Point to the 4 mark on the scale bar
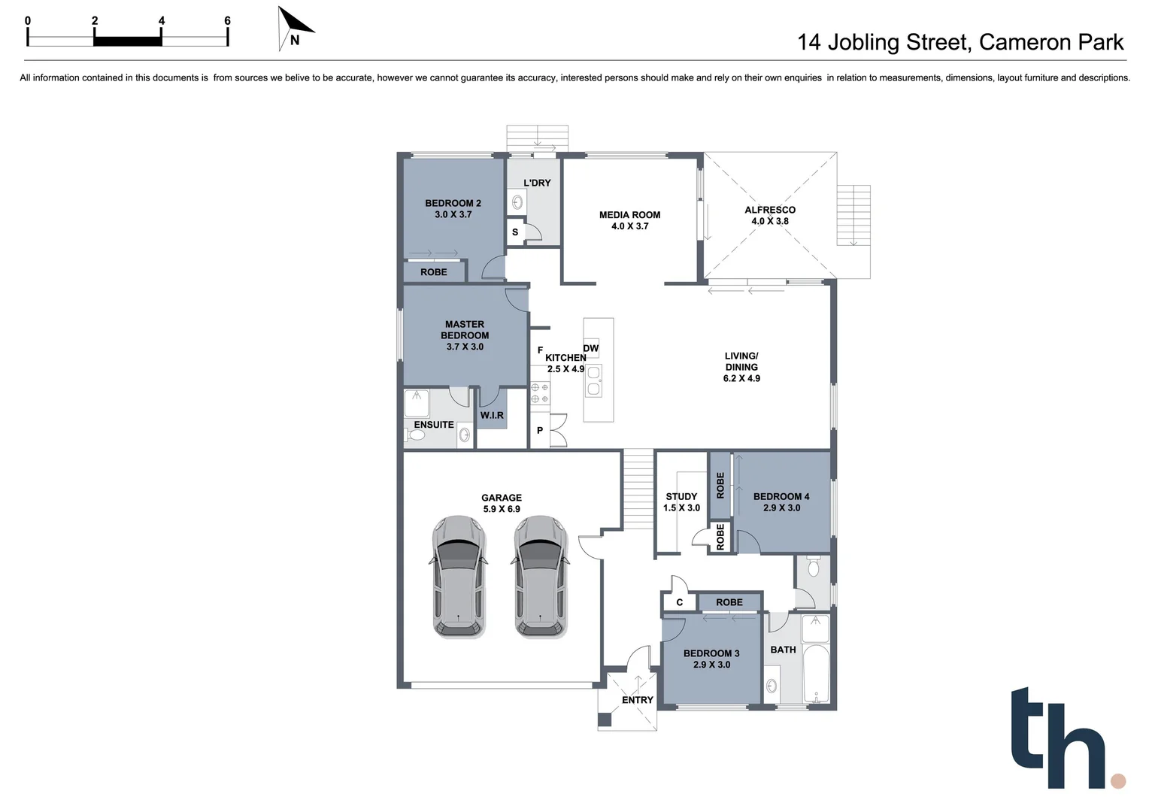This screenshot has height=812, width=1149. (162, 21)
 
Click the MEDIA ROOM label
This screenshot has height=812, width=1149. (629, 215)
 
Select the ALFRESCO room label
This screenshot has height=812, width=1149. (769, 211)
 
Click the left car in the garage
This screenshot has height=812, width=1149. (459, 577)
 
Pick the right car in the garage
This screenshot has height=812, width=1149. (541, 577)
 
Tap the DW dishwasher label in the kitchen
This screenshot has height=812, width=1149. (591, 348)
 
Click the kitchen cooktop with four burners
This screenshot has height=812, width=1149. (540, 393)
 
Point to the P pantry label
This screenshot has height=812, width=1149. (540, 431)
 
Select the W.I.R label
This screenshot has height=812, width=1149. (492, 415)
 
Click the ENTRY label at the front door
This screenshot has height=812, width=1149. (637, 700)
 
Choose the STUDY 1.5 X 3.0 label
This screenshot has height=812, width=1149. (681, 502)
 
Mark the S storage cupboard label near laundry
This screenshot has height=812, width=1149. (515, 232)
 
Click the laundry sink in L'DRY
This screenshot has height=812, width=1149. (517, 201)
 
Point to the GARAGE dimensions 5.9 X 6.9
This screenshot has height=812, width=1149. (502, 509)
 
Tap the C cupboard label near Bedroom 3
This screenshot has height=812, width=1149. (679, 602)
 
